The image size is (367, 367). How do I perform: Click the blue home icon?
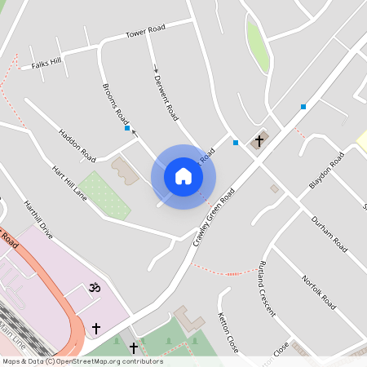click(x=183, y=176)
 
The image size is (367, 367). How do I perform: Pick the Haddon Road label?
click(x=77, y=144)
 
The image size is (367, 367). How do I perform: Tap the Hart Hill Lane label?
click(x=69, y=184)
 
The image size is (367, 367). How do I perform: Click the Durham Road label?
click(x=329, y=234)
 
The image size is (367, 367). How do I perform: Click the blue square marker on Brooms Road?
click(x=127, y=128)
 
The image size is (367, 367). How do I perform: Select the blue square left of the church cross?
click(x=236, y=143)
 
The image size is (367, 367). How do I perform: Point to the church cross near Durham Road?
click(x=259, y=141)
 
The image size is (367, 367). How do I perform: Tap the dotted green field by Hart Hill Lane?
click(x=105, y=196)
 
